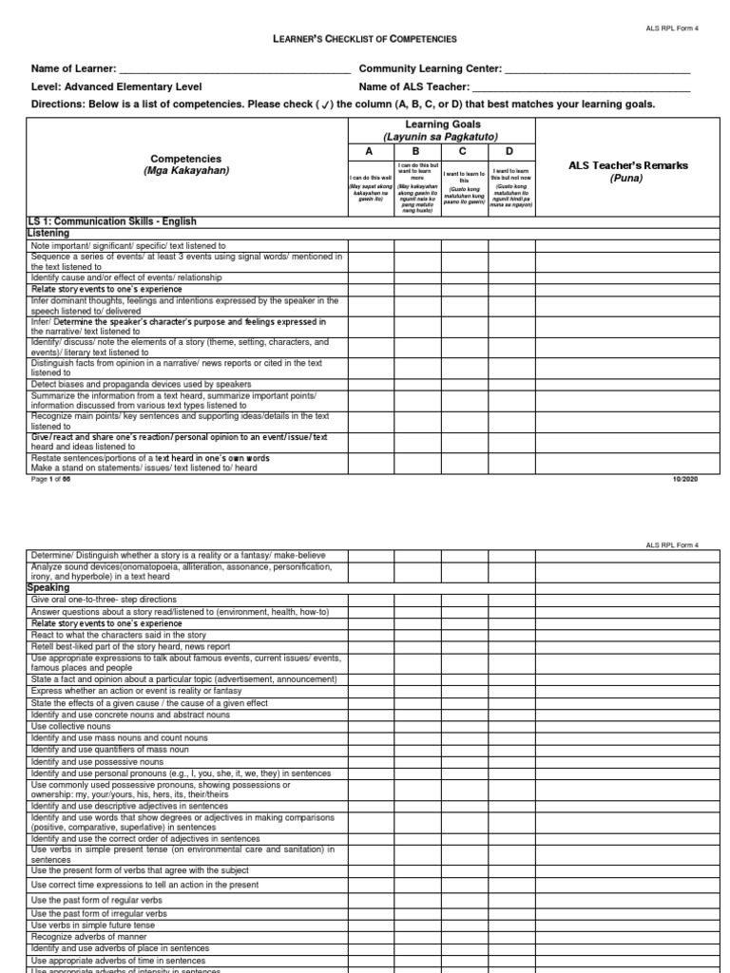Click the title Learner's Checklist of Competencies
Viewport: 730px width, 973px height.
[365, 39]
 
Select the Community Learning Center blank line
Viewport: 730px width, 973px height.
[596, 70]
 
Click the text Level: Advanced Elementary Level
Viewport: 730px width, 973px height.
[116, 87]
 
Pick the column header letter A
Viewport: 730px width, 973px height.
[371, 151]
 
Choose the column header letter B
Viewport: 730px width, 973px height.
[416, 151]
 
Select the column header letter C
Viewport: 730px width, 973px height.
[463, 151]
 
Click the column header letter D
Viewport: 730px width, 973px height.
[509, 151]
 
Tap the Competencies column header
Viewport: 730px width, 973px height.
[185, 164]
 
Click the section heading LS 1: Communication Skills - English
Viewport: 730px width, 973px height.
[112, 221]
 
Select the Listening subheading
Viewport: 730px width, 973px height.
[49, 232]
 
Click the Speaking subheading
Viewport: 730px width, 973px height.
[50, 588]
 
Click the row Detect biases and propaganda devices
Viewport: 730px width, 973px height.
[141, 384]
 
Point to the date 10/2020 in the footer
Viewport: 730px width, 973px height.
[684, 481]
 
